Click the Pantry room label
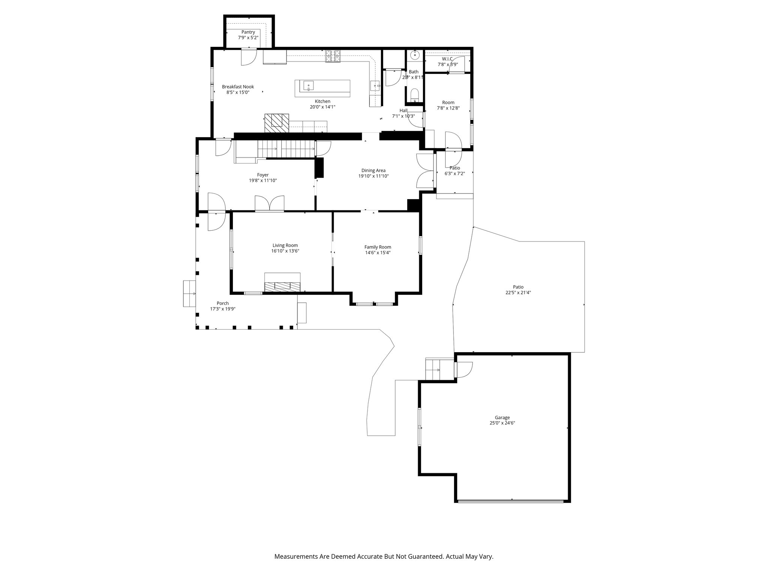point(248,32)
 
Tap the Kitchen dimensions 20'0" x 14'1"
point(322,107)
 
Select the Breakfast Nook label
point(238,87)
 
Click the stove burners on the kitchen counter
point(333,56)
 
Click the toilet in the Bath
point(414,94)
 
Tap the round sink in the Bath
point(415,55)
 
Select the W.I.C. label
point(447,59)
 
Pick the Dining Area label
point(373,170)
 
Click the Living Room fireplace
point(282,286)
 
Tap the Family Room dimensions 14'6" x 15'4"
point(378,253)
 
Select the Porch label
point(222,303)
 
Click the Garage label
point(502,417)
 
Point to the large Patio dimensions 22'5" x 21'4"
point(518,292)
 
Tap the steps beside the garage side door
point(439,369)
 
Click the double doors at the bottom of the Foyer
point(269,203)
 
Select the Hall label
point(403,111)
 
